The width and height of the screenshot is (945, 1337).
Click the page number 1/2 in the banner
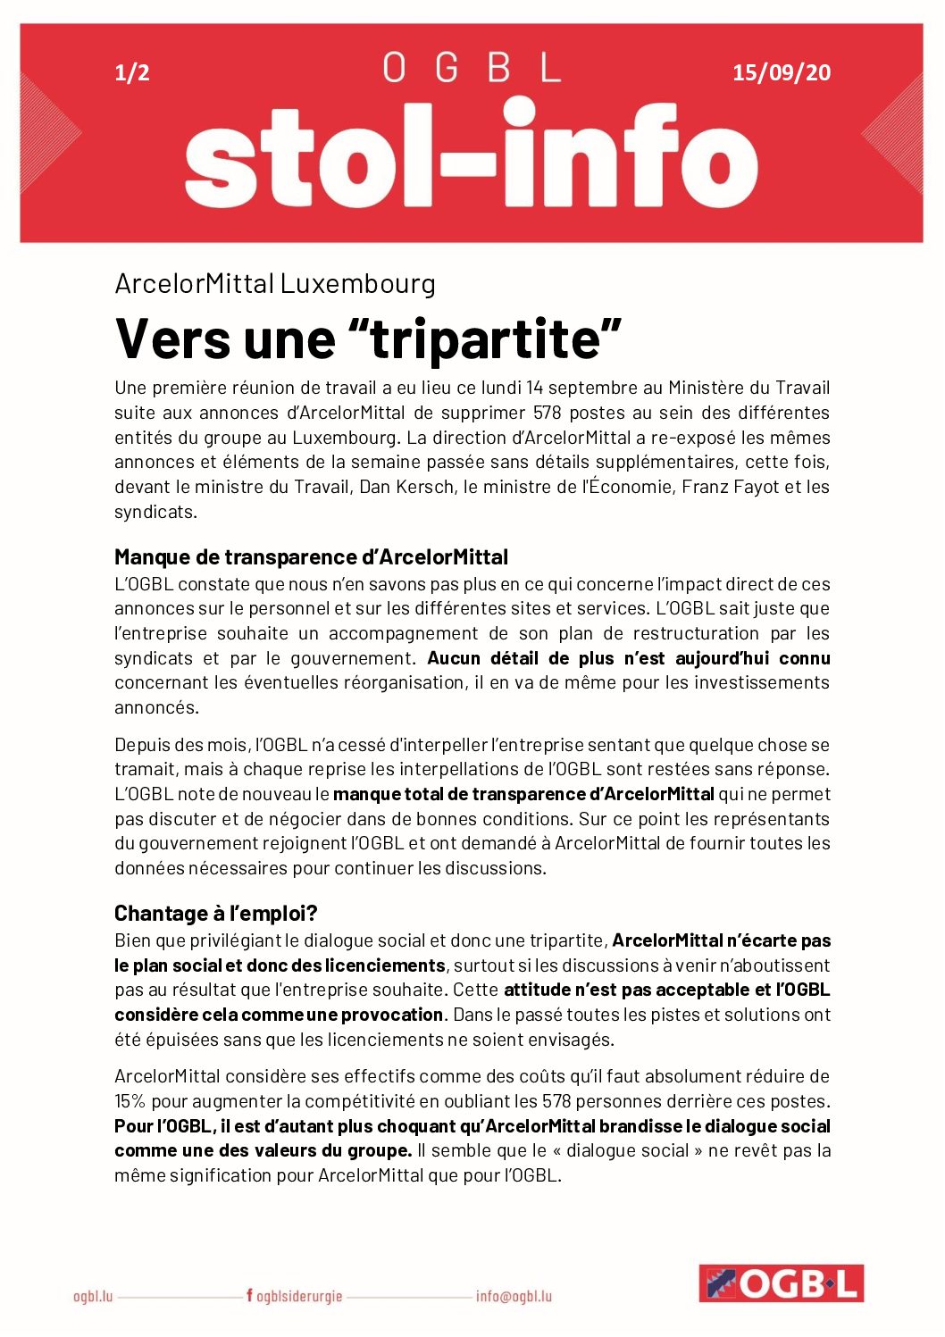[132, 73]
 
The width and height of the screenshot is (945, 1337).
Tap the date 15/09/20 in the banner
[781, 73]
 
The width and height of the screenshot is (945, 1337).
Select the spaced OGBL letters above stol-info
[472, 68]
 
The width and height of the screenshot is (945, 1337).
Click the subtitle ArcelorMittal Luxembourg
[275, 284]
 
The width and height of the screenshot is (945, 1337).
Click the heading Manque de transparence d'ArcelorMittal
[311, 557]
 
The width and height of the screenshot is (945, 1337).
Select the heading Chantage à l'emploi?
[216, 914]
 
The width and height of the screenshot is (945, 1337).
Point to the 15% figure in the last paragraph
[130, 1101]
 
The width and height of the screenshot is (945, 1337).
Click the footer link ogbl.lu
[93, 1296]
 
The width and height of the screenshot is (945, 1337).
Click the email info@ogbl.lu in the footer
[514, 1296]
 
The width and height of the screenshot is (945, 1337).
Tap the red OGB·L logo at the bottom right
[781, 1283]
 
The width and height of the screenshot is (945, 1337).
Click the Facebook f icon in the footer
[250, 1295]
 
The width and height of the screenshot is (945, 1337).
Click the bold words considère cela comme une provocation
[279, 1015]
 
